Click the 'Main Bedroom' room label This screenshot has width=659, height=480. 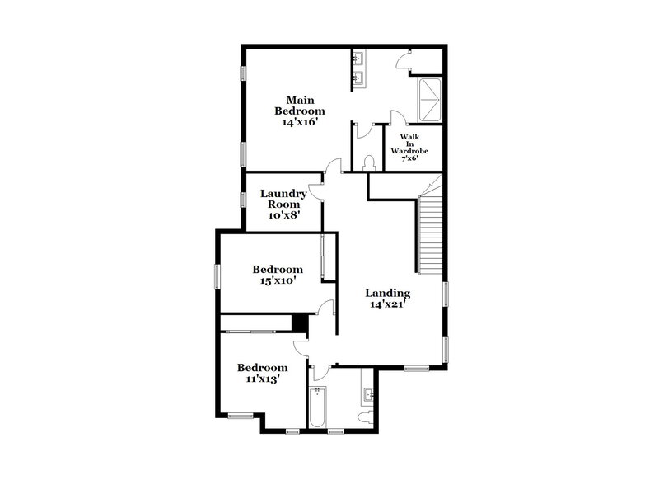click(299, 105)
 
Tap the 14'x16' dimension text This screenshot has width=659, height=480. click(299, 120)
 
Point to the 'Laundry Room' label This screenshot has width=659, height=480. click(283, 199)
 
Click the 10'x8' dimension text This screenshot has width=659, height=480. click(283, 214)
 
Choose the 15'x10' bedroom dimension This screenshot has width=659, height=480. click(277, 280)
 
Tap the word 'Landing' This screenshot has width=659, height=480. click(387, 293)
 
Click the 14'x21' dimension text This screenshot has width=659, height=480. click(387, 304)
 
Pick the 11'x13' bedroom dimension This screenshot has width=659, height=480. click(262, 379)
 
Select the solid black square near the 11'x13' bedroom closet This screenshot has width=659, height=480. click(300, 322)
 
